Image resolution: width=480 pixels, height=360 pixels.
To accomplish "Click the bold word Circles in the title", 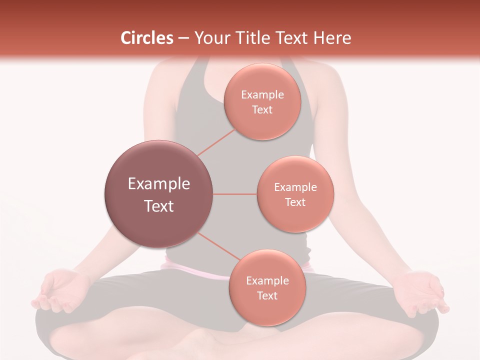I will tap(146, 38).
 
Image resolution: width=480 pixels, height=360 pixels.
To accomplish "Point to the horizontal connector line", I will tap(235, 194).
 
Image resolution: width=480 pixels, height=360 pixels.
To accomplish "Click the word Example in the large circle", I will tap(159, 184).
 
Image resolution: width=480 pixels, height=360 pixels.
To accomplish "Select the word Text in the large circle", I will tap(159, 206).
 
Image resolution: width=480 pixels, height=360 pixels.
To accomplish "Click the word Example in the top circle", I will tap(262, 94).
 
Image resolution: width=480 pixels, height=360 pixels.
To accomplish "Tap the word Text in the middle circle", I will tap(295, 202).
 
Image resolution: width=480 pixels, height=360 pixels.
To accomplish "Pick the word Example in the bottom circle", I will tap(267, 280).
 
